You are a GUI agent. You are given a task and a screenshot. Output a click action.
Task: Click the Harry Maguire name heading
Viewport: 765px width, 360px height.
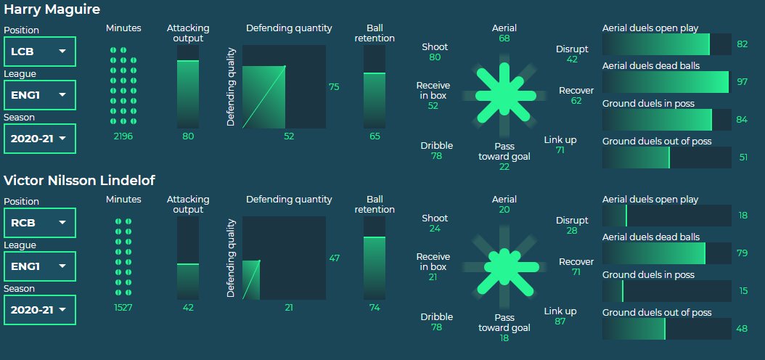[x=52, y=10]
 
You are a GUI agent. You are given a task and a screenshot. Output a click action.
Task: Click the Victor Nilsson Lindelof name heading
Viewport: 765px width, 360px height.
[x=79, y=181]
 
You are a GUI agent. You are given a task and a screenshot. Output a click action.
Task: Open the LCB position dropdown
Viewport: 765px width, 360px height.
[x=40, y=52]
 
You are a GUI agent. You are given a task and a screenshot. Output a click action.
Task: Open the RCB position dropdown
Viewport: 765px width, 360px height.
[x=40, y=223]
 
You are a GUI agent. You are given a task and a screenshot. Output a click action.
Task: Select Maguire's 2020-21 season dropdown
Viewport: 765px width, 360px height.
[x=40, y=138]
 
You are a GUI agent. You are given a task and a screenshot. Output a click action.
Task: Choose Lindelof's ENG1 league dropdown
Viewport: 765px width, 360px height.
[x=40, y=266]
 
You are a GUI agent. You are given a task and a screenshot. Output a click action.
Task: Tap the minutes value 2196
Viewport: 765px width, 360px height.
[x=123, y=136]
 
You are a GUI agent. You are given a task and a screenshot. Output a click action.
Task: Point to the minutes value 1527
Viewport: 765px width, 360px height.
[x=123, y=307]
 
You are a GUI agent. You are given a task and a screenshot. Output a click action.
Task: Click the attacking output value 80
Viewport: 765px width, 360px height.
[x=188, y=136]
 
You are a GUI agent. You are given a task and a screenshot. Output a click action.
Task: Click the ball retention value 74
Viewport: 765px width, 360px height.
[x=375, y=307]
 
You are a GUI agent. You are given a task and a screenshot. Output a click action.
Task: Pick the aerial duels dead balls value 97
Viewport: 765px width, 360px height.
[x=742, y=82]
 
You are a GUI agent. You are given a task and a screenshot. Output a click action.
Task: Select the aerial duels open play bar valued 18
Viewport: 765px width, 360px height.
[x=666, y=216]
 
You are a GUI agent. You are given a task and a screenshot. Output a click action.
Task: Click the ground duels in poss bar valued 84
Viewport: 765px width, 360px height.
[x=666, y=120]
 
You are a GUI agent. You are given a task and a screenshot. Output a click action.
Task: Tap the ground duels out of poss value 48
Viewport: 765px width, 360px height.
[x=742, y=329]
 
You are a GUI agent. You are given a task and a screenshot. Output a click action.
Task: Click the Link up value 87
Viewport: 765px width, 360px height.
[x=560, y=322]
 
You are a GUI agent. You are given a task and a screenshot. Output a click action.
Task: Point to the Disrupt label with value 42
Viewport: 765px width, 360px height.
[x=572, y=49]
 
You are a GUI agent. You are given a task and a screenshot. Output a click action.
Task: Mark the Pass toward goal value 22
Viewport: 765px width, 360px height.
[x=504, y=167]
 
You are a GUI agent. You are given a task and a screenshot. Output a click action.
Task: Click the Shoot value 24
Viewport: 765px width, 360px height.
[x=435, y=229]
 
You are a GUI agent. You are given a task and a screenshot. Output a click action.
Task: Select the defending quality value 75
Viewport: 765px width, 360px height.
[x=334, y=86]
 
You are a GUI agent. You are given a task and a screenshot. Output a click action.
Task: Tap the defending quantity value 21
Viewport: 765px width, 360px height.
[x=289, y=307]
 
